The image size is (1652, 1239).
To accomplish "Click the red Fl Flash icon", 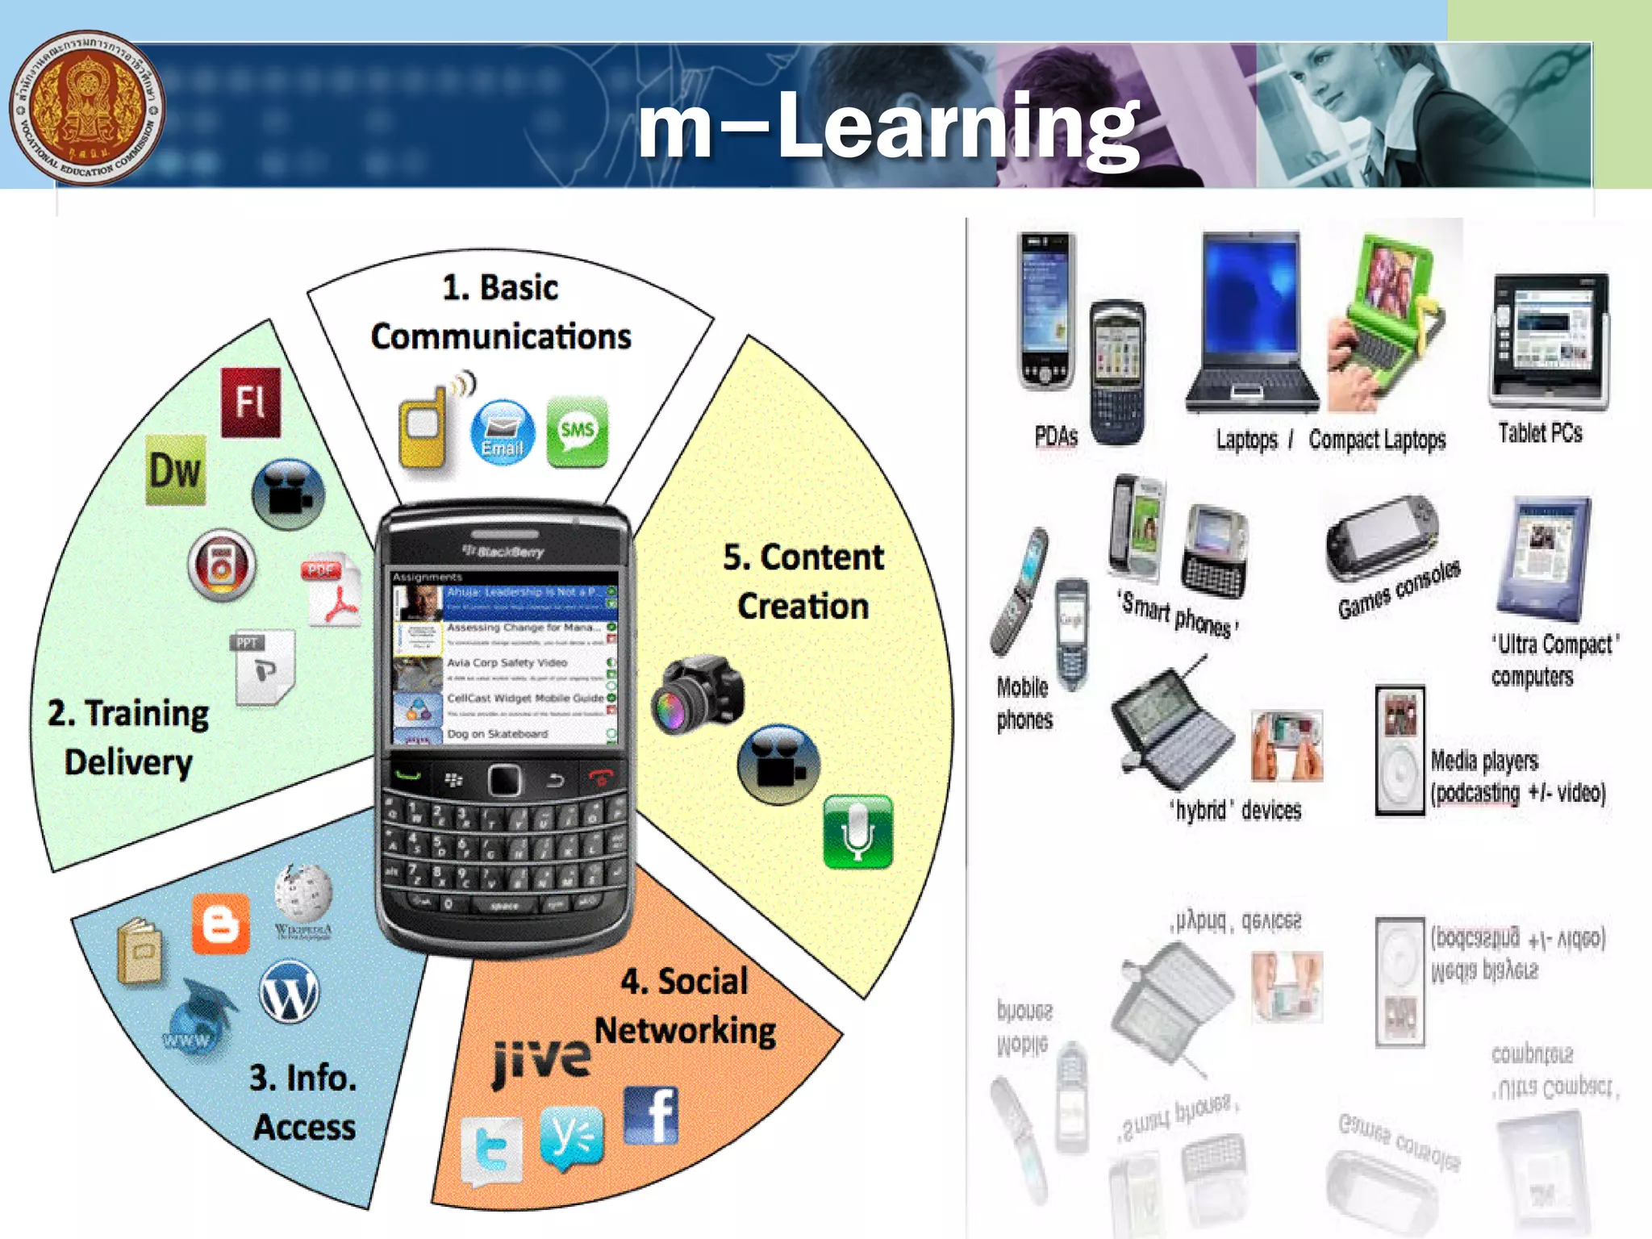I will pos(251,402).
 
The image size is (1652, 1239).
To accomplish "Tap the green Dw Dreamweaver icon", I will pos(175,470).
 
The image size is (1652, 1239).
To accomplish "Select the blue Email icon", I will pos(502,432).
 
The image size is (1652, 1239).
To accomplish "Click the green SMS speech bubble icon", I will pos(577,432).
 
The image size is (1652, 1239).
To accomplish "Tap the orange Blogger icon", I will pos(220,924).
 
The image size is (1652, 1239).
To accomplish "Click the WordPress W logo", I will pos(289,992).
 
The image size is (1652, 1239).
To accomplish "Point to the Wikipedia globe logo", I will pos(303,895).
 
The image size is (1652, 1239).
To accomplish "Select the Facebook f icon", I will pos(651,1116).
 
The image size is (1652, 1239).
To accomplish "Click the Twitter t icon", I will pos(491,1152).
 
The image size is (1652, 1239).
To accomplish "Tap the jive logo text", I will pos(541,1061).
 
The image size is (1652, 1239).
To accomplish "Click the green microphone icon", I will pos(857,831).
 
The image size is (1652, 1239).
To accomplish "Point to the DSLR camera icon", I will pos(698,694).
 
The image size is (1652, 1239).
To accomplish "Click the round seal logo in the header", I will pos(86,107).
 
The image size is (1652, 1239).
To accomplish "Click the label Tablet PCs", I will pos(1540,433).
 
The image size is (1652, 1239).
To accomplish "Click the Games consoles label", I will pos(1398,590).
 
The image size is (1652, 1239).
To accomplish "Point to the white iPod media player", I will pos(1400,751).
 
